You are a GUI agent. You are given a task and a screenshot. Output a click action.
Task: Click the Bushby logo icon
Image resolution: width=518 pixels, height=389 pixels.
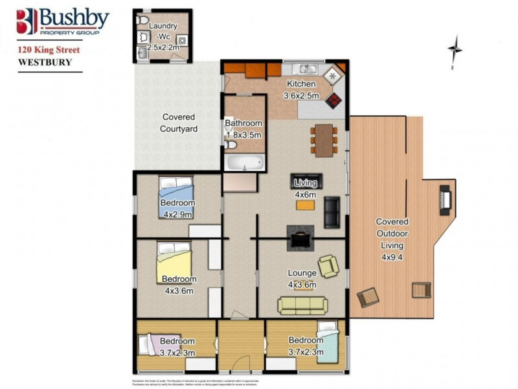pyautogui.click(x=27, y=21)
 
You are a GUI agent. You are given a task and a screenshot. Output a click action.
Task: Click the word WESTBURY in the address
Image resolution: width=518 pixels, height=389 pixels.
pyautogui.click(x=45, y=62)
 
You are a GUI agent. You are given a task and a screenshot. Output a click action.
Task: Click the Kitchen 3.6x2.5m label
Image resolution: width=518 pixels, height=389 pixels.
pyautogui.click(x=300, y=89)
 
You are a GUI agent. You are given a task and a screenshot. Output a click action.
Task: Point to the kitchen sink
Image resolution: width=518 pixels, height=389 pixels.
pyautogui.click(x=303, y=69)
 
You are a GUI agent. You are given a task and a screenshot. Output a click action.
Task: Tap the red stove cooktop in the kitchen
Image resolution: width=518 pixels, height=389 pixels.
pyautogui.click(x=333, y=100)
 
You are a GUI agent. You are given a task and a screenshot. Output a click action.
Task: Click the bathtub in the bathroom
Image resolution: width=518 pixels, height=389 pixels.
pyautogui.click(x=244, y=162)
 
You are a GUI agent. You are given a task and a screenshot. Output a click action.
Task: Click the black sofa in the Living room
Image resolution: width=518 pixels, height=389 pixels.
pyautogui.click(x=332, y=211)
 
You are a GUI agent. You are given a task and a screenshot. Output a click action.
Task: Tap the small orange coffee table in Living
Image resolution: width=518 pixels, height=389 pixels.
pyautogui.click(x=305, y=206)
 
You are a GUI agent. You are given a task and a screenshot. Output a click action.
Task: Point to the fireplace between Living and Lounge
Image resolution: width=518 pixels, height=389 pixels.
pyautogui.click(x=301, y=237)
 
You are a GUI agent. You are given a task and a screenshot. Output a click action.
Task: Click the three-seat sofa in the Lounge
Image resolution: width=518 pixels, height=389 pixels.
pyautogui.click(x=302, y=305)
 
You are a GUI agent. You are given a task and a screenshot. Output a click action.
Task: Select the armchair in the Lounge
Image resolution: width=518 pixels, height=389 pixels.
pyautogui.click(x=329, y=266)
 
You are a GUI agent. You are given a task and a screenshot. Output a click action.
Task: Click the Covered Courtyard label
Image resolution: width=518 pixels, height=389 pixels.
pyautogui.click(x=179, y=123)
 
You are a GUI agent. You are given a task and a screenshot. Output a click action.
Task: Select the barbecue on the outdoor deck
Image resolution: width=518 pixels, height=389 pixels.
pyautogui.click(x=445, y=200)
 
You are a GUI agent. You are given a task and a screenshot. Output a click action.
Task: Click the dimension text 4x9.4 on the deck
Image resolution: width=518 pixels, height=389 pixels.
pyautogui.click(x=392, y=257)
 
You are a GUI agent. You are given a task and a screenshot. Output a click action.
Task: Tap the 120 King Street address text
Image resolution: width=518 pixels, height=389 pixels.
pyautogui.click(x=49, y=49)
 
